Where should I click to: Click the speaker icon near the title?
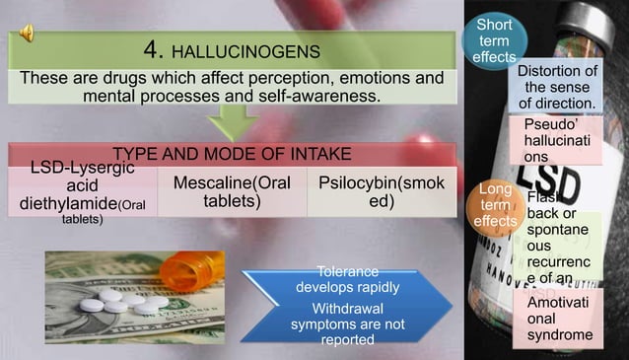27,34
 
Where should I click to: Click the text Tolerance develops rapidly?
348,279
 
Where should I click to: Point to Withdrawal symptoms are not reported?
348,324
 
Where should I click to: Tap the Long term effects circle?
494,205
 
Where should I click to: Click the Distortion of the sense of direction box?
557,87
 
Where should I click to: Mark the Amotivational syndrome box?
558,320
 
